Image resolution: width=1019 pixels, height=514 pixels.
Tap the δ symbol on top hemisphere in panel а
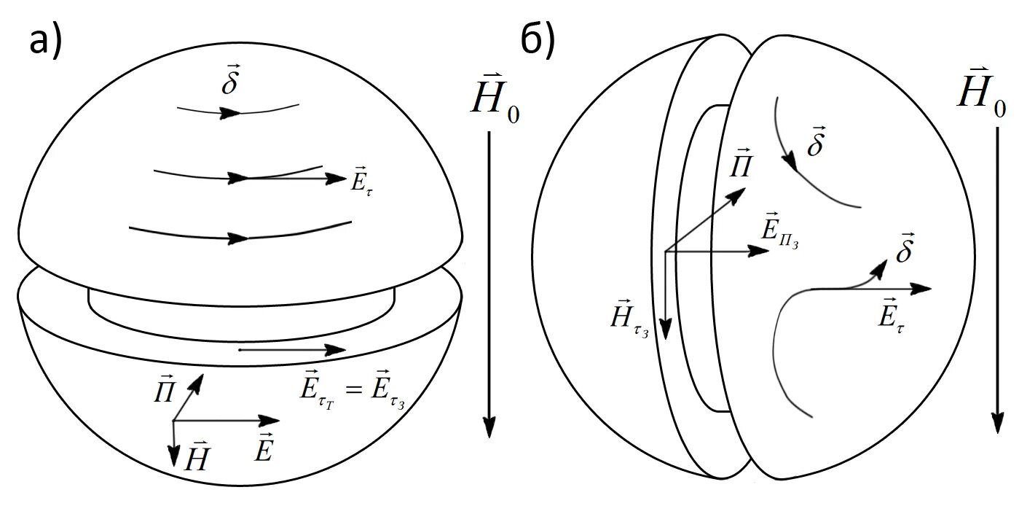point(230,84)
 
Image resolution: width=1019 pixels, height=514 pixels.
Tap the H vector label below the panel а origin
point(197,459)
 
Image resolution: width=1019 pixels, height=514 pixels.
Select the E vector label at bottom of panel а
point(264,450)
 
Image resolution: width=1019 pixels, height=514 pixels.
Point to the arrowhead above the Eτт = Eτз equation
point(337,350)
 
